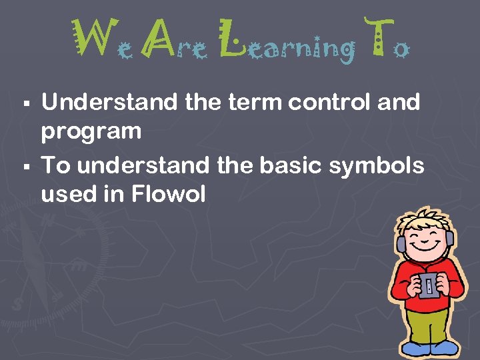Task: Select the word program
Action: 91,132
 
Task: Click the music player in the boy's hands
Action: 429,285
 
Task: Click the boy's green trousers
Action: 427,327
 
